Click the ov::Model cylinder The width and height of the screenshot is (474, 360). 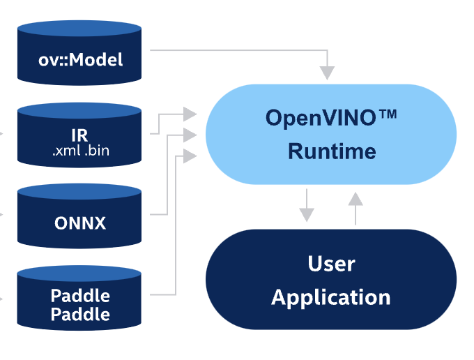pyautogui.click(x=80, y=53)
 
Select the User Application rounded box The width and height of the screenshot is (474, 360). pyautogui.click(x=331, y=280)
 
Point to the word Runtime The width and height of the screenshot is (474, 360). pyautogui.click(x=332, y=151)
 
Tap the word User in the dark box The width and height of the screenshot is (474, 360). pyautogui.click(x=331, y=264)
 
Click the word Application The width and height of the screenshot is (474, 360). pyautogui.click(x=331, y=298)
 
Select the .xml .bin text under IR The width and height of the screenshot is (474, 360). pyautogui.click(x=80, y=149)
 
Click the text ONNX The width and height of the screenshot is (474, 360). pyautogui.click(x=80, y=224)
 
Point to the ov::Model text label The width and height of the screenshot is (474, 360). pyautogui.click(x=80, y=59)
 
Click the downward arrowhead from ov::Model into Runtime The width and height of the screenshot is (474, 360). pyautogui.click(x=327, y=72)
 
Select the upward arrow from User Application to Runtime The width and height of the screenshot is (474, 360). pyautogui.click(x=355, y=200)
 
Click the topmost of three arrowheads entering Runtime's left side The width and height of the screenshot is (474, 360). pyautogui.click(x=190, y=112)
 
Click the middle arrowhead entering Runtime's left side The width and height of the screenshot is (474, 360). pyautogui.click(x=190, y=134)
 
